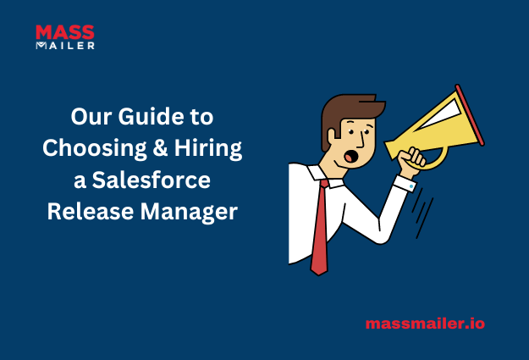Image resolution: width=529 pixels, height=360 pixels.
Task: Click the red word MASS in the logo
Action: pos(65,32)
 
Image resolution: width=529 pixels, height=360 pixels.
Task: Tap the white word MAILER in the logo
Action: pos(65,46)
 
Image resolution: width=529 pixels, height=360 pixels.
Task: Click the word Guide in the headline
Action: pos(152,117)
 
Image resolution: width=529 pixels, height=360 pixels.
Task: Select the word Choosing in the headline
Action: pos(95,148)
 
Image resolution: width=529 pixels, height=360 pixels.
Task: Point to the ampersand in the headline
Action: pos(160,147)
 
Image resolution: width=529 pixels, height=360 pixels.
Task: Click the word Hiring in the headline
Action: pos(208,148)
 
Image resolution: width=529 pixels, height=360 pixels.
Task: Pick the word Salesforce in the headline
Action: pos(152,180)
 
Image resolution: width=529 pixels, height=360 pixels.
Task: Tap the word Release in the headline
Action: pos(91,212)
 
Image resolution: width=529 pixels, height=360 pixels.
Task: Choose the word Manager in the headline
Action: pos(189,213)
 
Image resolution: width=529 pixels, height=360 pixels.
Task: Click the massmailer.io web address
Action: pos(425,324)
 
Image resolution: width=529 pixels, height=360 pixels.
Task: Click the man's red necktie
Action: pos(319,227)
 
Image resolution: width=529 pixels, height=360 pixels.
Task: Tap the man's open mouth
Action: pos(350,157)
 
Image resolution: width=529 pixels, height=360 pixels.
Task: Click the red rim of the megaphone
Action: pos(470,115)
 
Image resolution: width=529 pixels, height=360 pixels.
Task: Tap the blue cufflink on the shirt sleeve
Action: pos(411,186)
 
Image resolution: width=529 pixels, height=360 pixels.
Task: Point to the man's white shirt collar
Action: pos(325,176)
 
